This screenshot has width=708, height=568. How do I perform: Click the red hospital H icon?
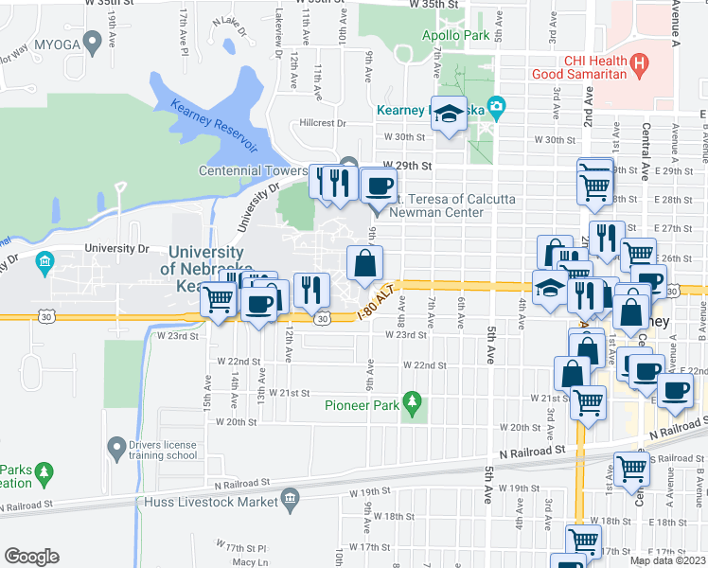[641, 65]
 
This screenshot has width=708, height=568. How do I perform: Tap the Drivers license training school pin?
[116, 445]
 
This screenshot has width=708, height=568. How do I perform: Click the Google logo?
[31, 557]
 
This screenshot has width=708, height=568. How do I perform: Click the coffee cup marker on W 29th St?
[379, 186]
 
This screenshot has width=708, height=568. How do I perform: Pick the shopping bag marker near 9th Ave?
[364, 263]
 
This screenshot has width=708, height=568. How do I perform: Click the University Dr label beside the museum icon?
[117, 249]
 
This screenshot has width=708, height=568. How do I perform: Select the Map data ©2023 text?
[668, 560]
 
